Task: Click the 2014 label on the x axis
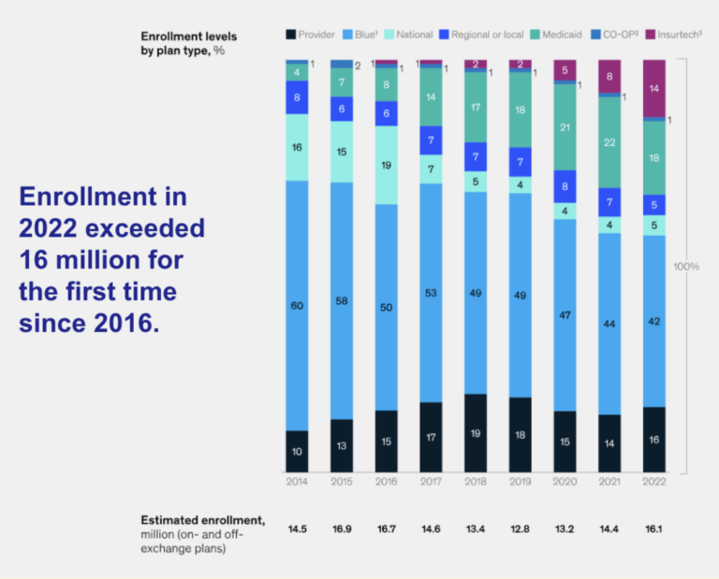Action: click(x=297, y=480)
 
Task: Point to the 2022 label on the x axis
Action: click(x=654, y=480)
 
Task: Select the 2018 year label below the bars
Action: click(x=476, y=480)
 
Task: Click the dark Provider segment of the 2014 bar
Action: click(x=297, y=451)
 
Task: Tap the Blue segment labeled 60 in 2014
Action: click(x=297, y=305)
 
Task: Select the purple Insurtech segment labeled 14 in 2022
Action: click(x=654, y=88)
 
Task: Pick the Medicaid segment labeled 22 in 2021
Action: click(x=609, y=142)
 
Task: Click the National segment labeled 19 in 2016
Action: click(x=386, y=165)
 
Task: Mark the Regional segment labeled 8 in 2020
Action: click(x=565, y=186)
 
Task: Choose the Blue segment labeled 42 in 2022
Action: click(x=654, y=321)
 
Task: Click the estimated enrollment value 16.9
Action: click(x=342, y=528)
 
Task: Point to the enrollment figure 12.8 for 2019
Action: click(x=521, y=528)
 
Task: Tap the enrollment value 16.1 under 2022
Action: click(x=654, y=528)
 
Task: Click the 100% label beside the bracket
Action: click(x=686, y=267)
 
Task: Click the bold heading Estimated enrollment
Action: click(x=202, y=519)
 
